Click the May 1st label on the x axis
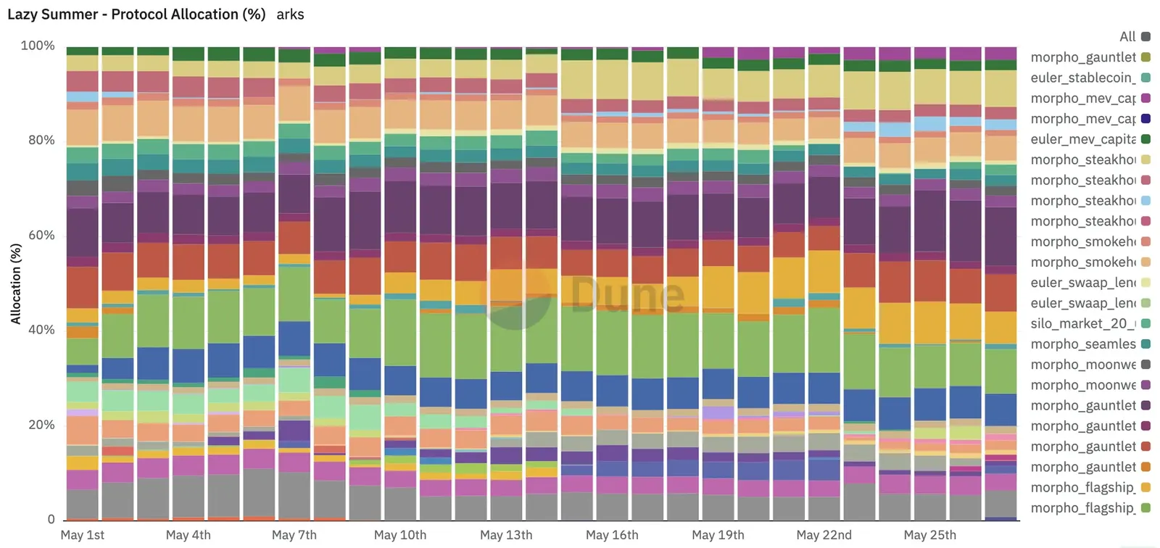coord(83,535)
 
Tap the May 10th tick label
coord(400,535)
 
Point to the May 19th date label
coord(718,535)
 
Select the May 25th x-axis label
coord(929,535)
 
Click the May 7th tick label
coord(294,535)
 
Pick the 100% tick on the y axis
coord(38,46)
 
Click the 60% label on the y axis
coord(41,235)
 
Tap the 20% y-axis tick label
coord(41,425)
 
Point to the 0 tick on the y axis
coord(51,519)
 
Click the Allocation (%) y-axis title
coord(16,283)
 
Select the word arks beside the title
coord(290,14)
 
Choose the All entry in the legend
coord(1127,36)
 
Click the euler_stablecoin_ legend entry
coord(1083,78)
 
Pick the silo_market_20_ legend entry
coord(1083,323)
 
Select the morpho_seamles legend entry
coord(1083,344)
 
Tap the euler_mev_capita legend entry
coord(1083,139)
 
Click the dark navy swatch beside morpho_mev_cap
coord(1145,119)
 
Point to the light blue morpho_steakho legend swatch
coord(1145,201)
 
